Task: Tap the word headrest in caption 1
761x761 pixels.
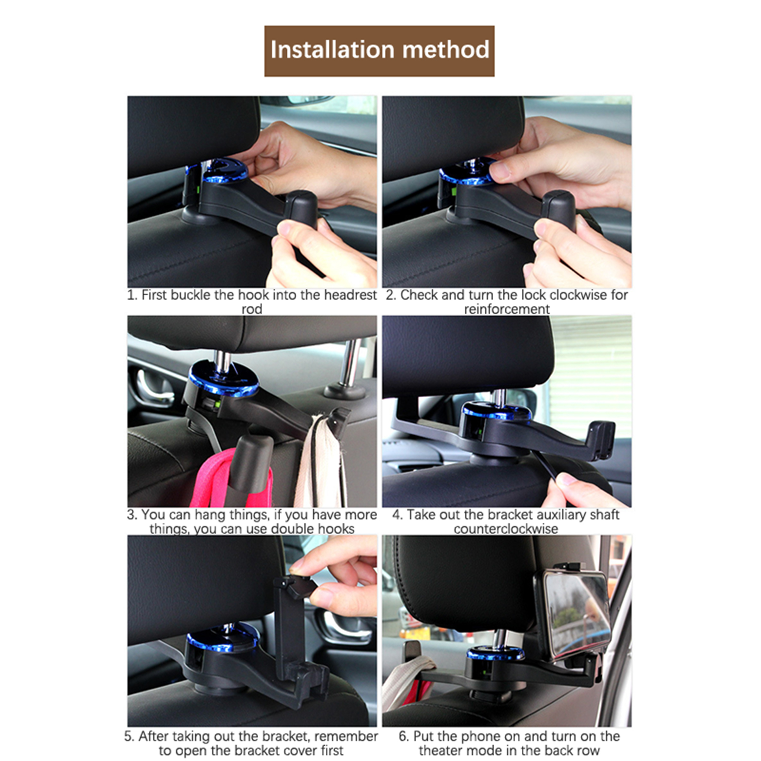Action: pyautogui.click(x=350, y=295)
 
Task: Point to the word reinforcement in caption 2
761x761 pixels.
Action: pyautogui.click(x=507, y=309)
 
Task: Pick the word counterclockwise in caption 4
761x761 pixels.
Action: pyautogui.click(x=506, y=529)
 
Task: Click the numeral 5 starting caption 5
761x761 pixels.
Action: pyautogui.click(x=128, y=736)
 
